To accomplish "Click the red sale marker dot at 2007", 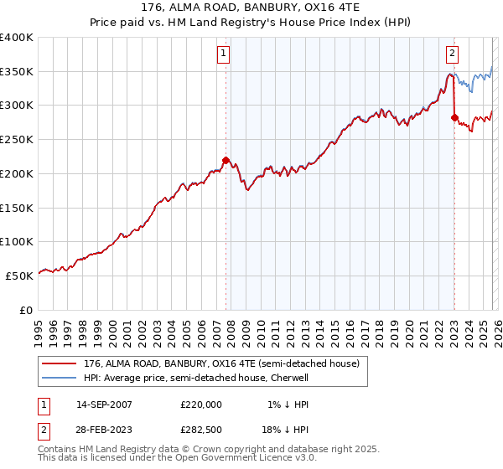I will pyautogui.click(x=226, y=159).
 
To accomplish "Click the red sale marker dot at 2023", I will pyautogui.click(x=454, y=117).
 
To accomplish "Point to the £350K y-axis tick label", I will pyautogui.click(x=17, y=72).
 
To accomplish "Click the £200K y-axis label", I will pyautogui.click(x=17, y=174).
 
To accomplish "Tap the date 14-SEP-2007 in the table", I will pyautogui.click(x=104, y=405).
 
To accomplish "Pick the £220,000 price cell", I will pyautogui.click(x=201, y=405).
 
